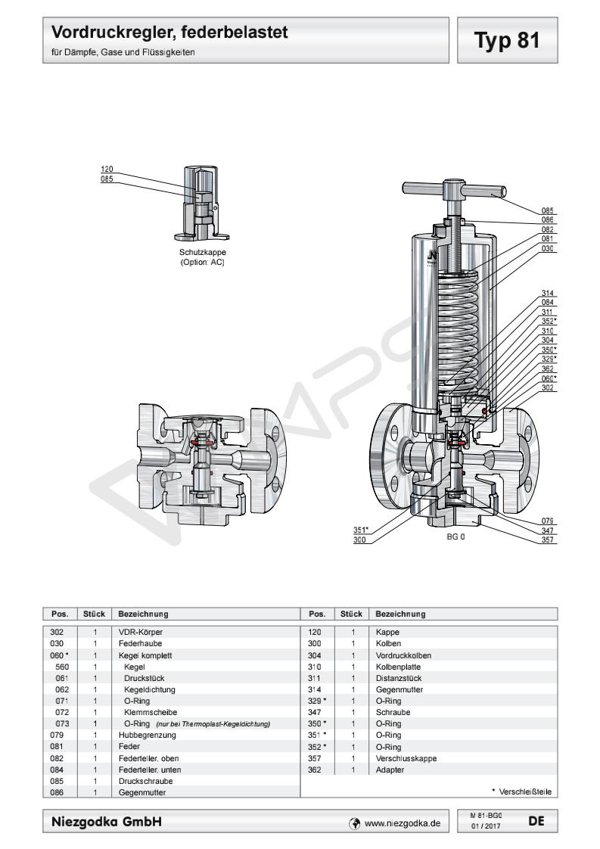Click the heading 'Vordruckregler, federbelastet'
169,34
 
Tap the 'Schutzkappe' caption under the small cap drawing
202,253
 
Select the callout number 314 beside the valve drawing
549,294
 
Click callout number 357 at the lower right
549,540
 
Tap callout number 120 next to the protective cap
106,169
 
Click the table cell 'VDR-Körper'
141,631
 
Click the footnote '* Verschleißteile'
521,791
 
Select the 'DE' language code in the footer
536,820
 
